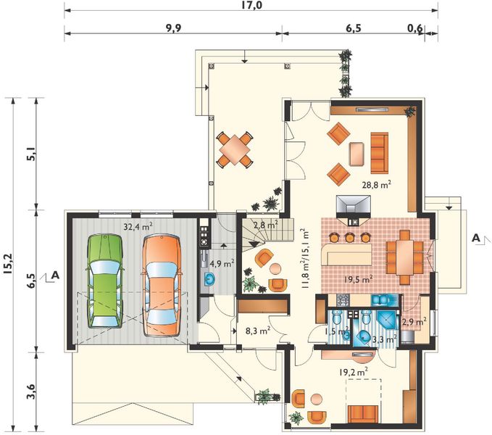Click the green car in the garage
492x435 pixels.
[x=104, y=281]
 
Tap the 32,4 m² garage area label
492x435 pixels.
[x=138, y=226]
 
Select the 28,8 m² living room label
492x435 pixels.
[x=377, y=185]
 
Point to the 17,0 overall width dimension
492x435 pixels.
[x=252, y=6]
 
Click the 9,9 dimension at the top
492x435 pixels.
[x=173, y=28]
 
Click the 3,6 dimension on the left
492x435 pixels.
[x=31, y=391]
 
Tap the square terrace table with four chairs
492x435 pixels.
[x=234, y=149]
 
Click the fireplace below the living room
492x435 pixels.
[x=354, y=210]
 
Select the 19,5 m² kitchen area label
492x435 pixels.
[x=358, y=279]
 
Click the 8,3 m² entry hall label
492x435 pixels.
[x=259, y=331]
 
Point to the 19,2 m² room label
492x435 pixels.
[x=354, y=372]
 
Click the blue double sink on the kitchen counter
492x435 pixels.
[x=380, y=299]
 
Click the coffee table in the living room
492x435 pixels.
[x=357, y=154]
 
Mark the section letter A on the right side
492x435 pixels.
[x=476, y=238]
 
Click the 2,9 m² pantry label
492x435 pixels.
[x=414, y=321]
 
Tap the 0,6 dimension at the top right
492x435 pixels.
[x=414, y=28]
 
